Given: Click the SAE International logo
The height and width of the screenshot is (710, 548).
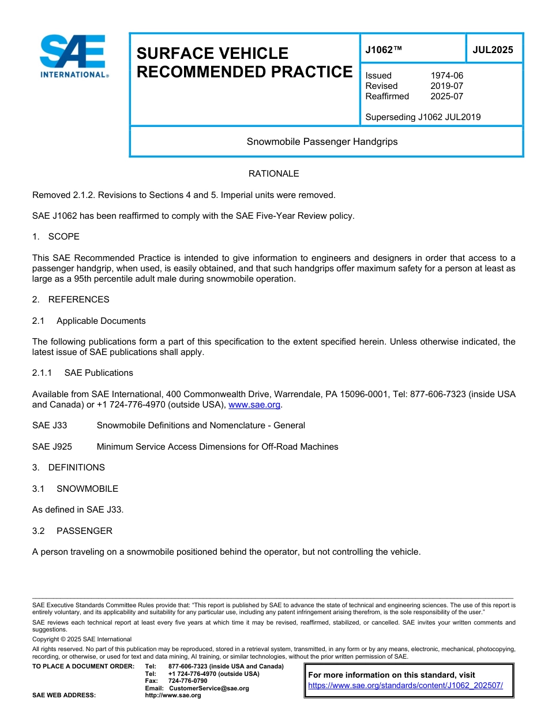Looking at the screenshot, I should tap(73, 56).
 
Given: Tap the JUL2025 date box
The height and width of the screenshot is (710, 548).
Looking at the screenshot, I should tap(493, 50).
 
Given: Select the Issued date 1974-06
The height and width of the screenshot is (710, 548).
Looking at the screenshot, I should tap(446, 76).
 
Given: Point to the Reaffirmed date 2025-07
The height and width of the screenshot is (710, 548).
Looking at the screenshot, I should tap(446, 96).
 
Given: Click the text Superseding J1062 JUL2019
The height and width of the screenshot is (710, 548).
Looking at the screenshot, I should tap(423, 117).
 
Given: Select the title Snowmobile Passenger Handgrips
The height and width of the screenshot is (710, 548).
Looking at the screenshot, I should tap(322, 141).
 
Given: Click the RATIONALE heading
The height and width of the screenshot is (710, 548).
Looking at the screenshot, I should tap(273, 174).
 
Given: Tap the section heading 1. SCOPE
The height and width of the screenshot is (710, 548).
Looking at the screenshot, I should tap(56, 237).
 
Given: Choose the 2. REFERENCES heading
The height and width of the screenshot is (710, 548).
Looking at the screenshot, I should tap(70, 300).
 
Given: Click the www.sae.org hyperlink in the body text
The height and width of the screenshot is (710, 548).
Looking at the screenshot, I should tap(254, 405).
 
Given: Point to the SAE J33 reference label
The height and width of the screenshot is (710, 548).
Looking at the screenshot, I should tap(50, 425).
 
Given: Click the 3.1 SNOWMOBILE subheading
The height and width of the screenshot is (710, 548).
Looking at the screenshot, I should tap(76, 489).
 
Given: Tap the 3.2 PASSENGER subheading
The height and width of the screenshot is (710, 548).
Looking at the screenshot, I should tap(73, 531).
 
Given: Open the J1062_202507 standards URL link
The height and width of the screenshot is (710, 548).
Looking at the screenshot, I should tap(406, 686).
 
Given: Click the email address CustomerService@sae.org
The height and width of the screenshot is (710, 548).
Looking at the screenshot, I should tap(208, 688).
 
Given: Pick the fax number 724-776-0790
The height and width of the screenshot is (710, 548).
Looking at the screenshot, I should tap(187, 681).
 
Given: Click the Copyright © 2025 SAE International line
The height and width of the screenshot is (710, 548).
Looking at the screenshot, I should tap(82, 640).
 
